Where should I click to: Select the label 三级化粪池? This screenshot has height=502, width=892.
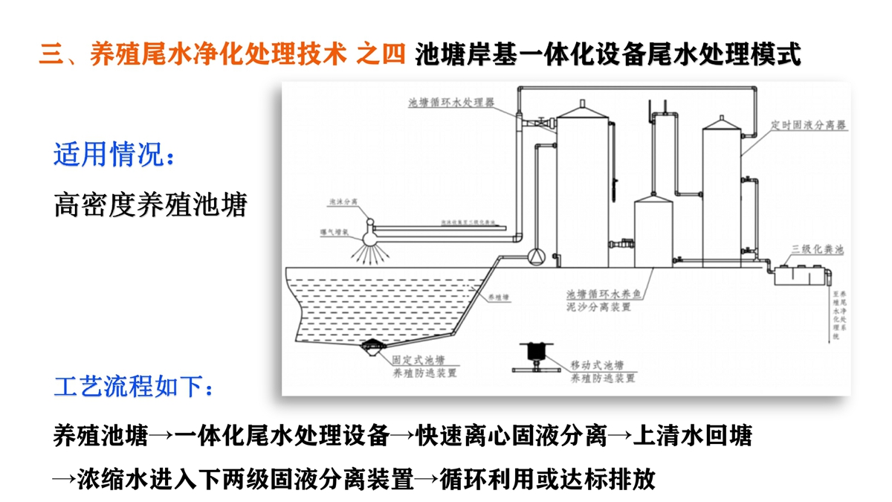817,250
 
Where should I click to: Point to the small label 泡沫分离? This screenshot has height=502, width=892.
343,202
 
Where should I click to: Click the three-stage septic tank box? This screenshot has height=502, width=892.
800,274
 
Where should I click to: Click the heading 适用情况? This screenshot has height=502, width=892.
115,156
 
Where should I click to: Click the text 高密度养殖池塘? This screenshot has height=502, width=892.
149,205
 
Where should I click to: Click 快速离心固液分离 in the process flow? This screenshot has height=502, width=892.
512,436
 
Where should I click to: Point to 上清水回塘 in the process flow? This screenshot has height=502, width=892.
692,436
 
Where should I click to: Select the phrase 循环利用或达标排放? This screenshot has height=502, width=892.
547,479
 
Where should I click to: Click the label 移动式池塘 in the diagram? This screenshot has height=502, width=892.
597,365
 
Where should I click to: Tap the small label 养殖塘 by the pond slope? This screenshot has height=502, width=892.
497,297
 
